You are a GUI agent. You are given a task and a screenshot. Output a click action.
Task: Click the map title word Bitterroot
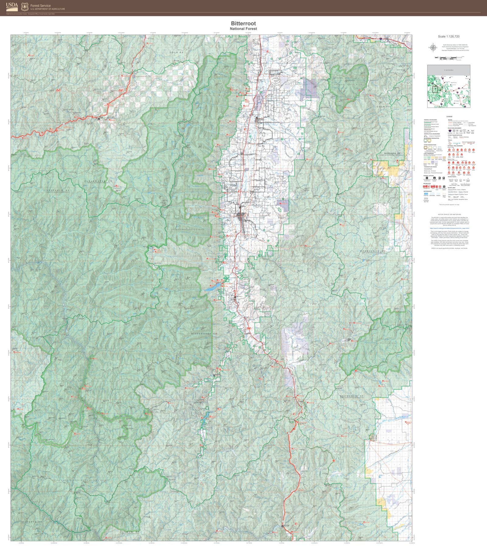click(243, 23)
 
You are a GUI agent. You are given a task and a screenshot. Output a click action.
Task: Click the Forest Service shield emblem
click(25, 6)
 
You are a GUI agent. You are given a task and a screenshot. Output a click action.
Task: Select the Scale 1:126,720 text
click(449, 37)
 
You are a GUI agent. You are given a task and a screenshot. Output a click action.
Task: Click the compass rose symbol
click(433, 47)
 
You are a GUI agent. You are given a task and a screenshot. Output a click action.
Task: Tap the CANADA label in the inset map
click(448, 70)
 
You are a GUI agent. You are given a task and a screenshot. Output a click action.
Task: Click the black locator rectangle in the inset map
click(435, 89)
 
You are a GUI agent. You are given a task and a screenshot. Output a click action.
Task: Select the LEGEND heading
click(449, 117)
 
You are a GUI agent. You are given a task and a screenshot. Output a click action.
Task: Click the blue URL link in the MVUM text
click(449, 228)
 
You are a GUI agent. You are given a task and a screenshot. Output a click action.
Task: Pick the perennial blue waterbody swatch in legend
click(426, 194)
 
